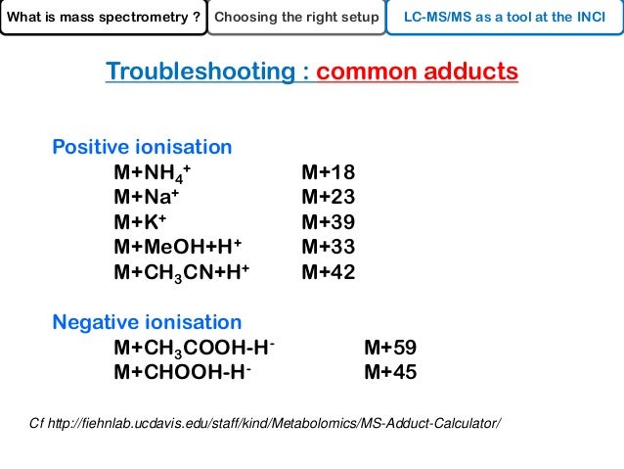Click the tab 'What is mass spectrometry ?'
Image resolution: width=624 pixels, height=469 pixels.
[x=103, y=17]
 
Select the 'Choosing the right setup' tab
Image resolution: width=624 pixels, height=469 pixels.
[x=296, y=17]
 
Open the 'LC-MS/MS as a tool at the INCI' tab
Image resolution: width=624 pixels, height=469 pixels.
[x=505, y=17]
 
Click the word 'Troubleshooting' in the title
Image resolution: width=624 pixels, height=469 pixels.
[x=206, y=72]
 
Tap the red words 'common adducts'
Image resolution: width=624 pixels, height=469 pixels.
[x=417, y=72]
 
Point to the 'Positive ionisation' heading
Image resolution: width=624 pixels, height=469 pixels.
[x=142, y=147]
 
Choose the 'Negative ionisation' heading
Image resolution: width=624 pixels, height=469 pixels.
[x=147, y=322]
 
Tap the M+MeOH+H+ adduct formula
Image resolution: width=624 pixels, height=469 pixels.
[x=177, y=247]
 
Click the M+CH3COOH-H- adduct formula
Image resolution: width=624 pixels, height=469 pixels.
[x=195, y=348]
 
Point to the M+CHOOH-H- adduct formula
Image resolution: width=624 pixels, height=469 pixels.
[x=182, y=372]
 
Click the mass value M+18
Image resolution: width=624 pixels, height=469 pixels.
[x=329, y=173]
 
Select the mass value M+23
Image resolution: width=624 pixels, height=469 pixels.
[x=329, y=198]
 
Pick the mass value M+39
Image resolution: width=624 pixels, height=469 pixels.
[x=329, y=222]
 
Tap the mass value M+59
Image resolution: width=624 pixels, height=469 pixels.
[x=390, y=348]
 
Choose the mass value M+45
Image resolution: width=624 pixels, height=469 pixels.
[x=390, y=372]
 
